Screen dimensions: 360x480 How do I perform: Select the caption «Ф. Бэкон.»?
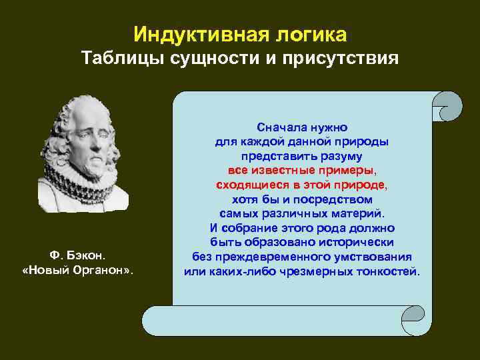[78, 256]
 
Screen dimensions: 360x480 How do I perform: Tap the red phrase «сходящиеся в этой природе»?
[301, 185]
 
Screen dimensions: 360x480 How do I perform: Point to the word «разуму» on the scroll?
[339, 156]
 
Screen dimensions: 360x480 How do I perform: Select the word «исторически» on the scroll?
[357, 243]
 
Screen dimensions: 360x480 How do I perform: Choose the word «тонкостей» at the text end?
[389, 272]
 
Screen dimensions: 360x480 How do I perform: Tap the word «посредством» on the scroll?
[335, 199]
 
